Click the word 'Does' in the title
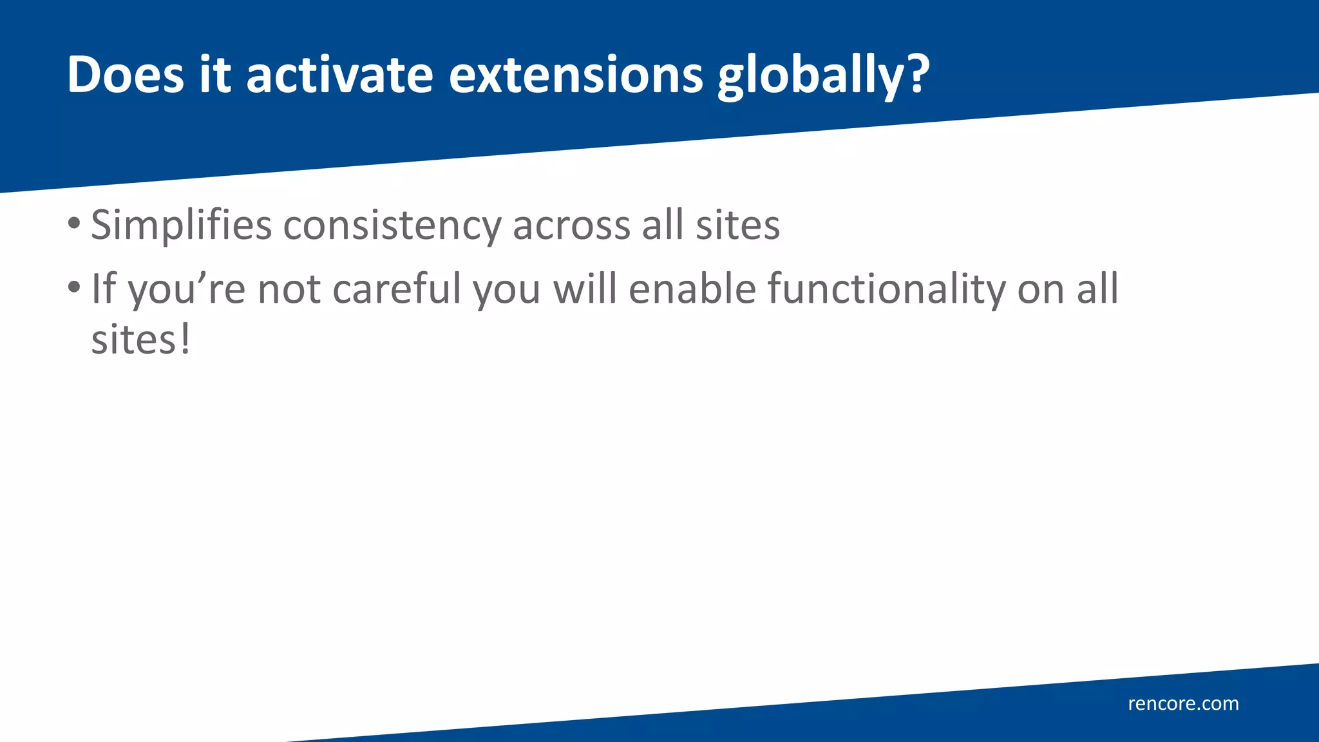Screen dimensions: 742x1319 [x=126, y=75]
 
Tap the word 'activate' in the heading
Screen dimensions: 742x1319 [x=339, y=75]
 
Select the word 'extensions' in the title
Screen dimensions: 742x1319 [x=576, y=75]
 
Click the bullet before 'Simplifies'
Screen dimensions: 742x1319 [x=74, y=224]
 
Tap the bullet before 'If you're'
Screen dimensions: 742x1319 [x=74, y=287]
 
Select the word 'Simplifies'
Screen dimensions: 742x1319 [x=181, y=225]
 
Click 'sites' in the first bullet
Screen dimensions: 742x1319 [x=738, y=225]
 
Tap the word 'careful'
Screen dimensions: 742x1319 [x=396, y=289]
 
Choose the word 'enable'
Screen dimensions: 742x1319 [x=692, y=289]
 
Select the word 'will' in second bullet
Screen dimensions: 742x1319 [x=585, y=289]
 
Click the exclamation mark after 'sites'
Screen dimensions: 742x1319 [x=185, y=339]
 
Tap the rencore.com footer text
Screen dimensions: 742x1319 [x=1183, y=703]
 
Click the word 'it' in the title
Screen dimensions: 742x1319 [x=214, y=75]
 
